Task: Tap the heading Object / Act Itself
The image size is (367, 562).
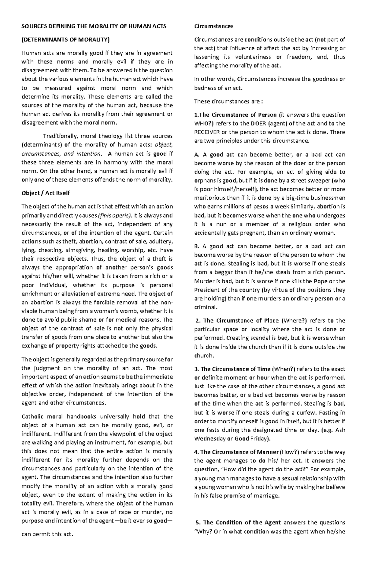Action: (x=46, y=193)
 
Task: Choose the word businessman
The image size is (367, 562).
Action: (x=328, y=198)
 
